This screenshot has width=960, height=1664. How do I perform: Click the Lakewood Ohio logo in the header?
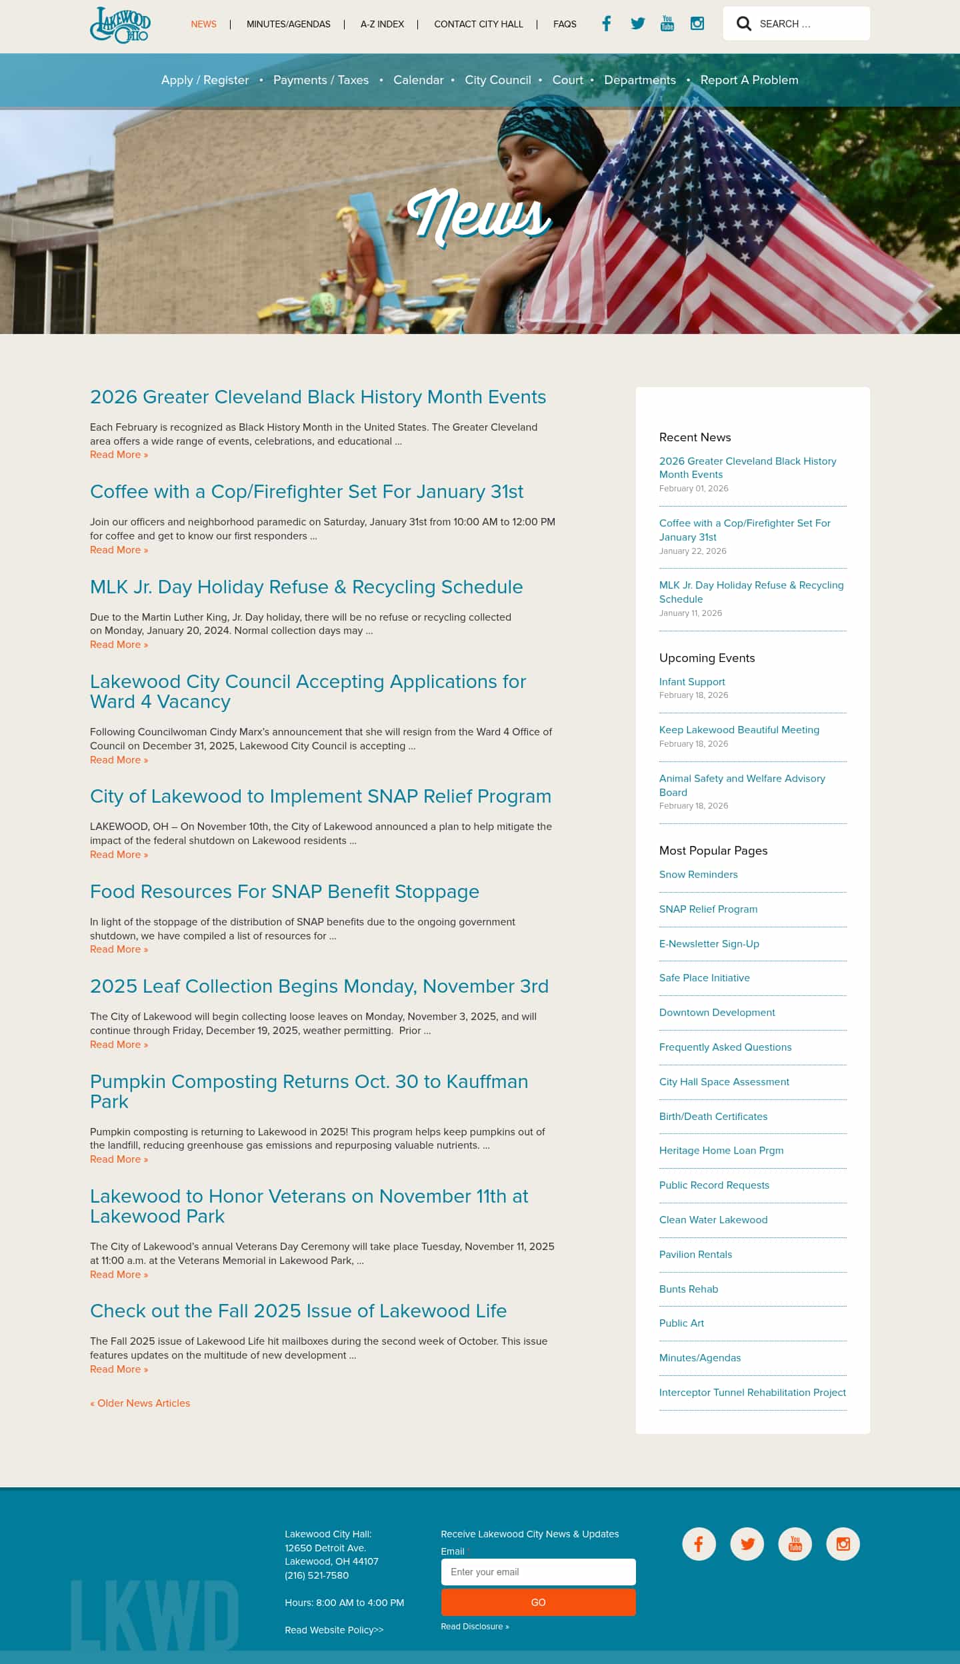tap(120, 25)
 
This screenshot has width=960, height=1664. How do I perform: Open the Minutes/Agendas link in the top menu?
tap(288, 24)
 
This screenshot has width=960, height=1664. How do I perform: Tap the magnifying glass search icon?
tap(743, 24)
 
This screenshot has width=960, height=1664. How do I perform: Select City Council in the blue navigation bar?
tap(497, 80)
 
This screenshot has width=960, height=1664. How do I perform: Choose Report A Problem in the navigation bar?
tap(749, 80)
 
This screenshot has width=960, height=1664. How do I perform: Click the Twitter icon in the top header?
tap(637, 23)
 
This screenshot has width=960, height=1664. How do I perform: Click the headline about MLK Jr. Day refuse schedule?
tap(306, 587)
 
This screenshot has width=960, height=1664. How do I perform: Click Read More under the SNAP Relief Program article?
tap(119, 854)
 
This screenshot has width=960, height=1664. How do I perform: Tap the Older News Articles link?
tap(140, 1403)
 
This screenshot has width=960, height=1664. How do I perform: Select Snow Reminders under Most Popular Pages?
tap(698, 874)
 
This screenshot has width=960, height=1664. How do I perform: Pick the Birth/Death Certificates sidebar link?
tap(713, 1116)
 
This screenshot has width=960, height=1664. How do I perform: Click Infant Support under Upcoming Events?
tap(691, 681)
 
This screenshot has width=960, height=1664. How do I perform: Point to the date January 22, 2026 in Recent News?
tap(692, 551)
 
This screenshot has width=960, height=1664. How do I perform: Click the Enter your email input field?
tap(538, 1571)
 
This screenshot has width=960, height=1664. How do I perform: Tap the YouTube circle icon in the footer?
tap(795, 1543)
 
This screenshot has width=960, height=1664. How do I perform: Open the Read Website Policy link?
tap(333, 1629)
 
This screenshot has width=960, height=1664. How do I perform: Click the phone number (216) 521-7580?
tap(316, 1575)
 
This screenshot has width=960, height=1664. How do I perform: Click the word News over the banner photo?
tap(479, 216)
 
